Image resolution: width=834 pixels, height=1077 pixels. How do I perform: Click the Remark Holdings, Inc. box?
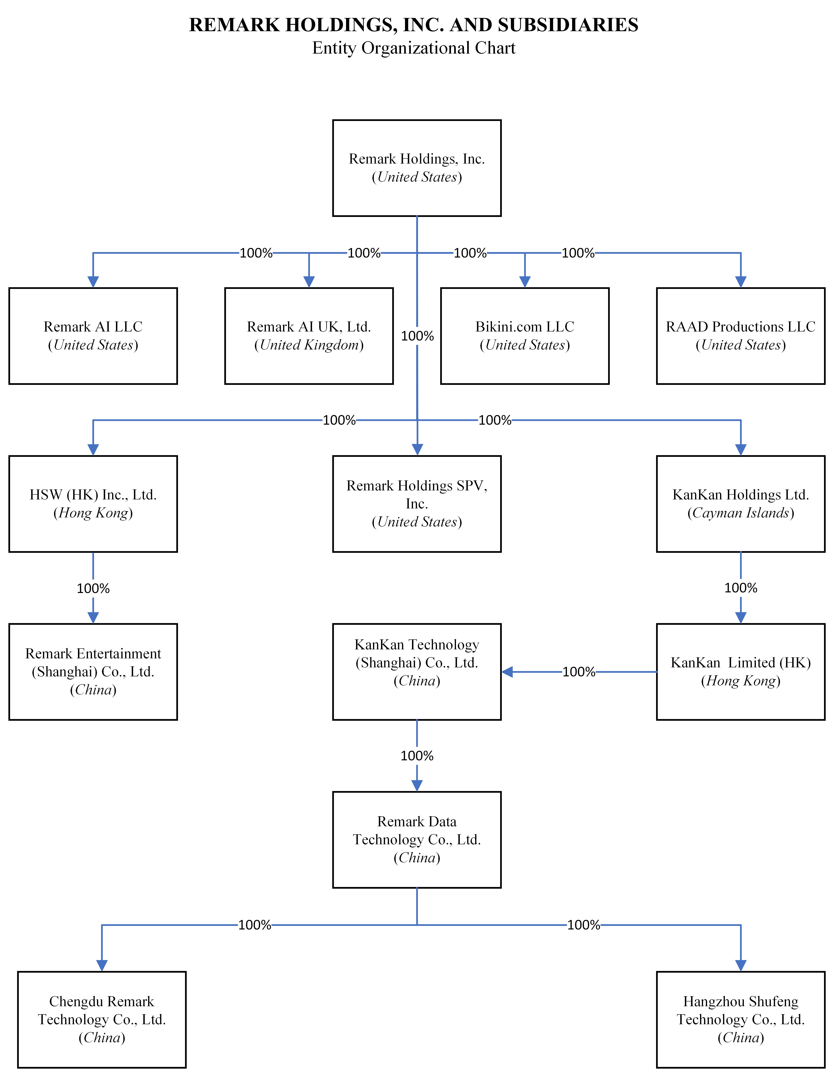417,168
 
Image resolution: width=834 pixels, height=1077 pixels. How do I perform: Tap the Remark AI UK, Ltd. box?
309,336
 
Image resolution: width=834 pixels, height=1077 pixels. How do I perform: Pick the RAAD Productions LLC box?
740,336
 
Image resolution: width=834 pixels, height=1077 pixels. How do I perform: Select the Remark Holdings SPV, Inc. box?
417,503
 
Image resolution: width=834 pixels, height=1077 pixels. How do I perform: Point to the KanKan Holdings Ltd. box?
740,503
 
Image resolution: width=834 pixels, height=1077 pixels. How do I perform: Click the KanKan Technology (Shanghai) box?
417,672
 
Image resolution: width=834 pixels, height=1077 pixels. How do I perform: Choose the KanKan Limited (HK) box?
740,672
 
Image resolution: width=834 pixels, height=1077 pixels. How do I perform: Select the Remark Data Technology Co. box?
417,839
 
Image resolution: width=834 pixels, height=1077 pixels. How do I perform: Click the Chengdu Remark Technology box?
102,1019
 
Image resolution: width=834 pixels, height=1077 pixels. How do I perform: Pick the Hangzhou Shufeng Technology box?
740,1019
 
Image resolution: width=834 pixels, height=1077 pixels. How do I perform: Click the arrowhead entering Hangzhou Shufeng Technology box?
740,965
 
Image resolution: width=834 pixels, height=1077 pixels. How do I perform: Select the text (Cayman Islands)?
740,513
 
